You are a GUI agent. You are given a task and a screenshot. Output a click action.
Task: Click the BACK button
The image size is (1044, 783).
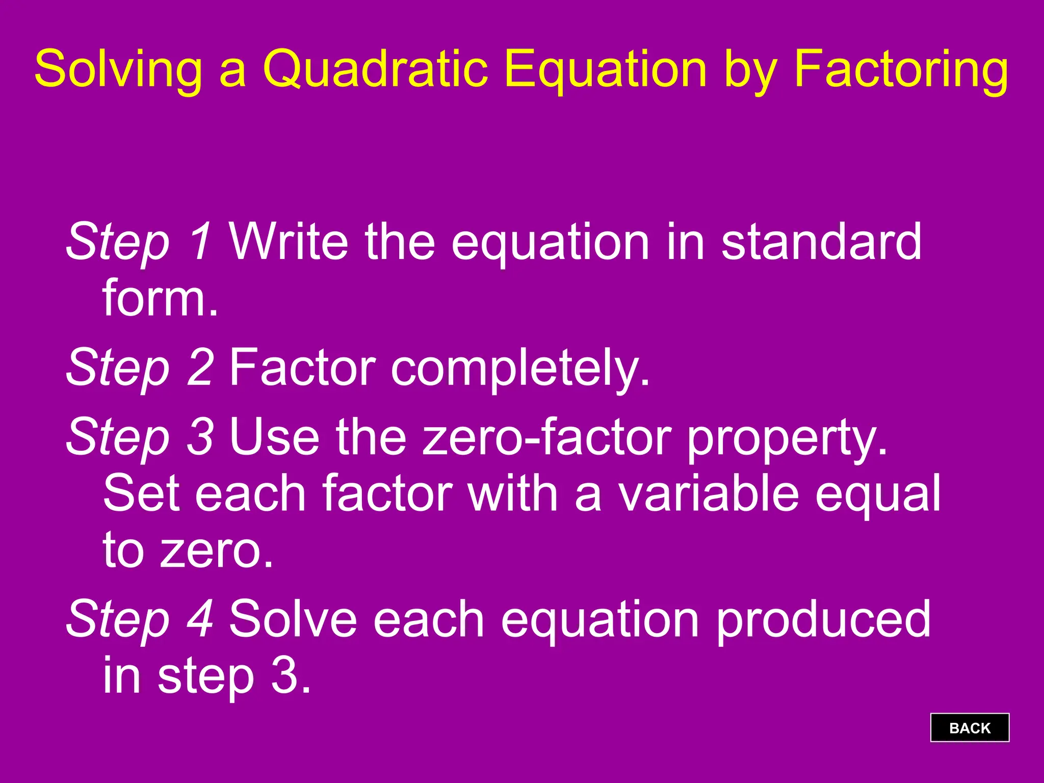click(x=969, y=727)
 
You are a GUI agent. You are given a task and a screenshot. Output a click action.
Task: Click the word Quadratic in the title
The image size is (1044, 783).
click(x=375, y=69)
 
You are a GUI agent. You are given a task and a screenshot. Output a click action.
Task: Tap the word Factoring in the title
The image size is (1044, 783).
click(x=901, y=69)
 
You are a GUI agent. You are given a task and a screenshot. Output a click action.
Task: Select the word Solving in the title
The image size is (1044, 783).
click(x=118, y=69)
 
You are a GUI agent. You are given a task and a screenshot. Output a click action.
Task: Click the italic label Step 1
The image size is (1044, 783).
click(x=139, y=242)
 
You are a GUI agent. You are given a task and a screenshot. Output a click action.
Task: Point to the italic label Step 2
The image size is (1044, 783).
click(x=139, y=367)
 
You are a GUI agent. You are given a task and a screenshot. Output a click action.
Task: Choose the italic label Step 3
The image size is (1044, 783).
click(x=139, y=437)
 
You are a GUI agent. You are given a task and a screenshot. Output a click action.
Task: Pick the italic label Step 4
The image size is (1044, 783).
click(x=139, y=619)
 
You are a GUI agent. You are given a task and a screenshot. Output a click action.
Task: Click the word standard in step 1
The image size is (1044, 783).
click(x=821, y=242)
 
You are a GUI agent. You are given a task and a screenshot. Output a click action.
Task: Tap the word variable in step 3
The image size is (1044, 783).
click(x=709, y=493)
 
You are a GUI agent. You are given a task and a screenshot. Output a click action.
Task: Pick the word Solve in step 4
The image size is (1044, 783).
click(x=293, y=619)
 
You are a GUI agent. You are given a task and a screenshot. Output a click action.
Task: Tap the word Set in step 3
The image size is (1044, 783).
click(x=141, y=493)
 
